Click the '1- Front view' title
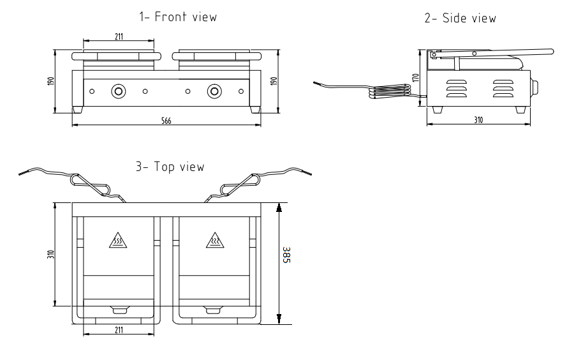pyautogui.click(x=178, y=17)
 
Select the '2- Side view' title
pyautogui.click(x=460, y=18)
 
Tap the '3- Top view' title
pyautogui.click(x=170, y=167)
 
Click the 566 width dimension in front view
pyautogui.click(x=166, y=121)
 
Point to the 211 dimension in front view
pyautogui.click(x=119, y=36)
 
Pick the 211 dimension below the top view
pyautogui.click(x=119, y=330)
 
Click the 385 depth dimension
pyautogui.click(x=286, y=255)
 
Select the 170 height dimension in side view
pyautogui.click(x=415, y=78)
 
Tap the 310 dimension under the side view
pyautogui.click(x=478, y=120)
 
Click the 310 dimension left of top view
pyautogui.click(x=50, y=254)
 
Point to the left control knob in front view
pyautogui.click(x=118, y=91)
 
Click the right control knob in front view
pyautogui.click(x=214, y=91)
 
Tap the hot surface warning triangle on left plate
pyautogui.click(x=118, y=241)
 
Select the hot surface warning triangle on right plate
pyautogui.click(x=215, y=241)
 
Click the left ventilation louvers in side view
pyautogui.click(x=457, y=89)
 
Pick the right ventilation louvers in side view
pyautogui.click(x=503, y=89)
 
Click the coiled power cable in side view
pyautogui.click(x=390, y=91)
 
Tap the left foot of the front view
pyautogui.click(x=77, y=110)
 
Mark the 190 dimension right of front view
pyautogui.click(x=274, y=81)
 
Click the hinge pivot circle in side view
pyautogui.click(x=434, y=55)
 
